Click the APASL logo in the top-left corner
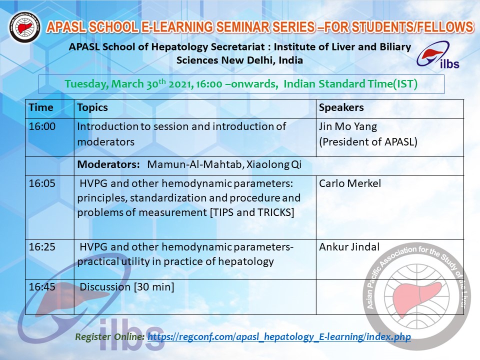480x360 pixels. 25,27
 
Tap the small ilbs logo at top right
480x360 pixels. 438,55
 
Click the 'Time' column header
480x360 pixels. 41,107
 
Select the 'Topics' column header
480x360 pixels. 92,107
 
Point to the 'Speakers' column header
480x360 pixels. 341,107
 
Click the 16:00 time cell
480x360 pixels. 42,126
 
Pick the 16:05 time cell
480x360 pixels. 42,183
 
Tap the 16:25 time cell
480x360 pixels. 42,246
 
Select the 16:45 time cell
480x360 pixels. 42,287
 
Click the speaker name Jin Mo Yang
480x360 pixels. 348,126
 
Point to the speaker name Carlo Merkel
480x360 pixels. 350,183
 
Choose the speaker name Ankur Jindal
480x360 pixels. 349,246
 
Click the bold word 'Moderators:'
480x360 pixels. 108,164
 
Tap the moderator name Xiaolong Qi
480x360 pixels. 274,164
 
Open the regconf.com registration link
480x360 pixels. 279,336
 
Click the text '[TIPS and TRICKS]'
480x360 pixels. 252,212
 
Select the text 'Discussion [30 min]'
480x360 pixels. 126,287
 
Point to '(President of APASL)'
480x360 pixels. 368,142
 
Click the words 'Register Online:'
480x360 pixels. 110,336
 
